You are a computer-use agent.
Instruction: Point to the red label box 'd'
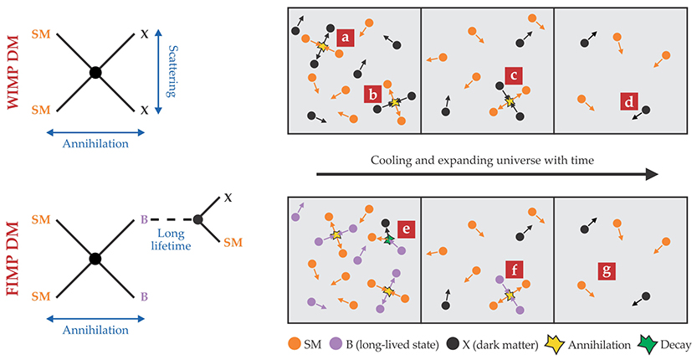629,102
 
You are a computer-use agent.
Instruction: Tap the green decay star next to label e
389,240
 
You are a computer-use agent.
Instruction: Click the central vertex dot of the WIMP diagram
95,74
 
